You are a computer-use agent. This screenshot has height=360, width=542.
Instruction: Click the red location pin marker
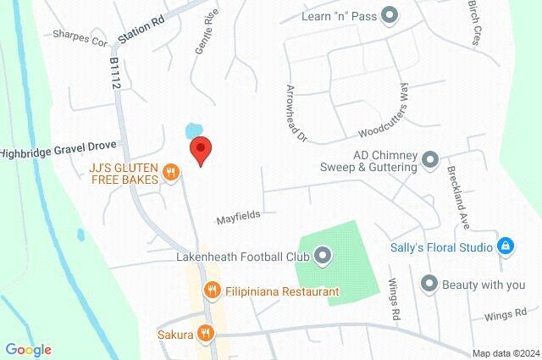tap(201, 150)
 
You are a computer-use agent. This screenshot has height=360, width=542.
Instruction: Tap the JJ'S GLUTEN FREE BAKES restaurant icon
tap(171, 172)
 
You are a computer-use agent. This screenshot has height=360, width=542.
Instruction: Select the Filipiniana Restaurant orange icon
tap(212, 291)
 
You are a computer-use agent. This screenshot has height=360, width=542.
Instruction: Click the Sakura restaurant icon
tap(204, 333)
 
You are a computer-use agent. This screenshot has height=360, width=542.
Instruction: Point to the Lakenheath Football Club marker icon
tap(323, 254)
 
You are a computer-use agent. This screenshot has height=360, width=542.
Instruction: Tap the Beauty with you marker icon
tap(429, 284)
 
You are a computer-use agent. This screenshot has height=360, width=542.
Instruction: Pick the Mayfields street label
tap(237, 215)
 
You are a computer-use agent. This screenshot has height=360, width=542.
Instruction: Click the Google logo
tap(28, 349)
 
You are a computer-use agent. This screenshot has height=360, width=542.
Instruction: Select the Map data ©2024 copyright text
tap(506, 352)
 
